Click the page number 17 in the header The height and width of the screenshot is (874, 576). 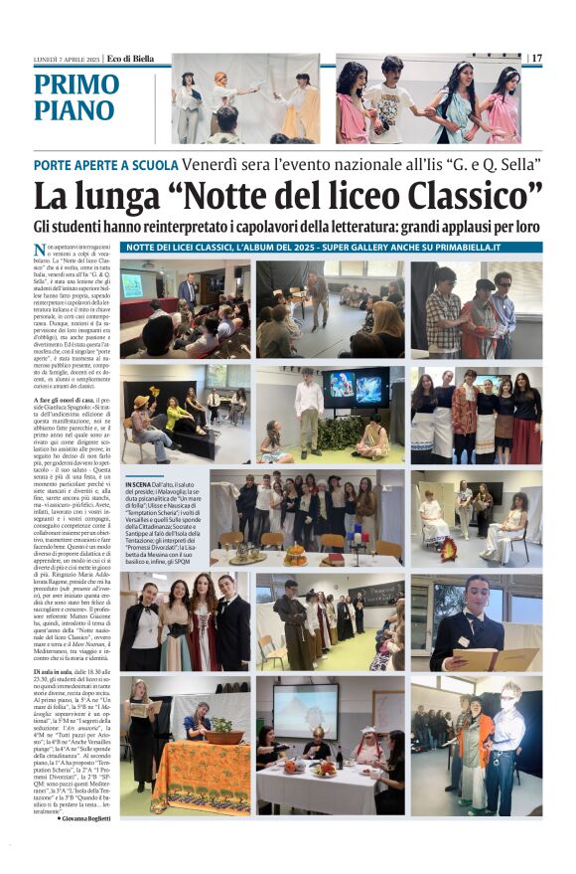pyautogui.click(x=537, y=59)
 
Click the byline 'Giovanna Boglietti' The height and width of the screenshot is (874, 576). pyautogui.click(x=87, y=817)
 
